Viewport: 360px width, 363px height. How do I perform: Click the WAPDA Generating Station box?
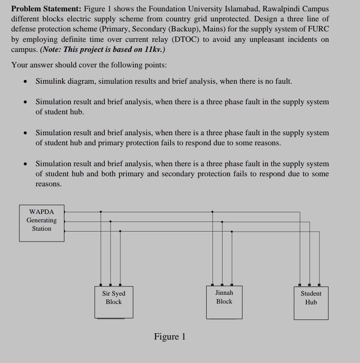[41, 222]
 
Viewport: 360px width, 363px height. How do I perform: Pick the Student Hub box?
[311, 302]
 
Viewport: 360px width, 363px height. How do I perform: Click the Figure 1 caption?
[170, 337]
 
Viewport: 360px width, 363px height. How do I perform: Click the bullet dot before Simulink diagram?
[26, 82]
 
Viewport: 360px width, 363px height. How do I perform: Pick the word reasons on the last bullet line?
[48, 184]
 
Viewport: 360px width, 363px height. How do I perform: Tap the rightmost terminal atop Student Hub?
[319, 284]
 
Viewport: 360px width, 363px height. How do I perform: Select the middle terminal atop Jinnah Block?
[222, 284]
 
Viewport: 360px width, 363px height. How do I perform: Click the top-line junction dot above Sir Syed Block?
[101, 212]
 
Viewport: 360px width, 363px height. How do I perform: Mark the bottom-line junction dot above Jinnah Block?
[232, 231]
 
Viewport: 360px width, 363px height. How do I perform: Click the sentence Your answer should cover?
[89, 65]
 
